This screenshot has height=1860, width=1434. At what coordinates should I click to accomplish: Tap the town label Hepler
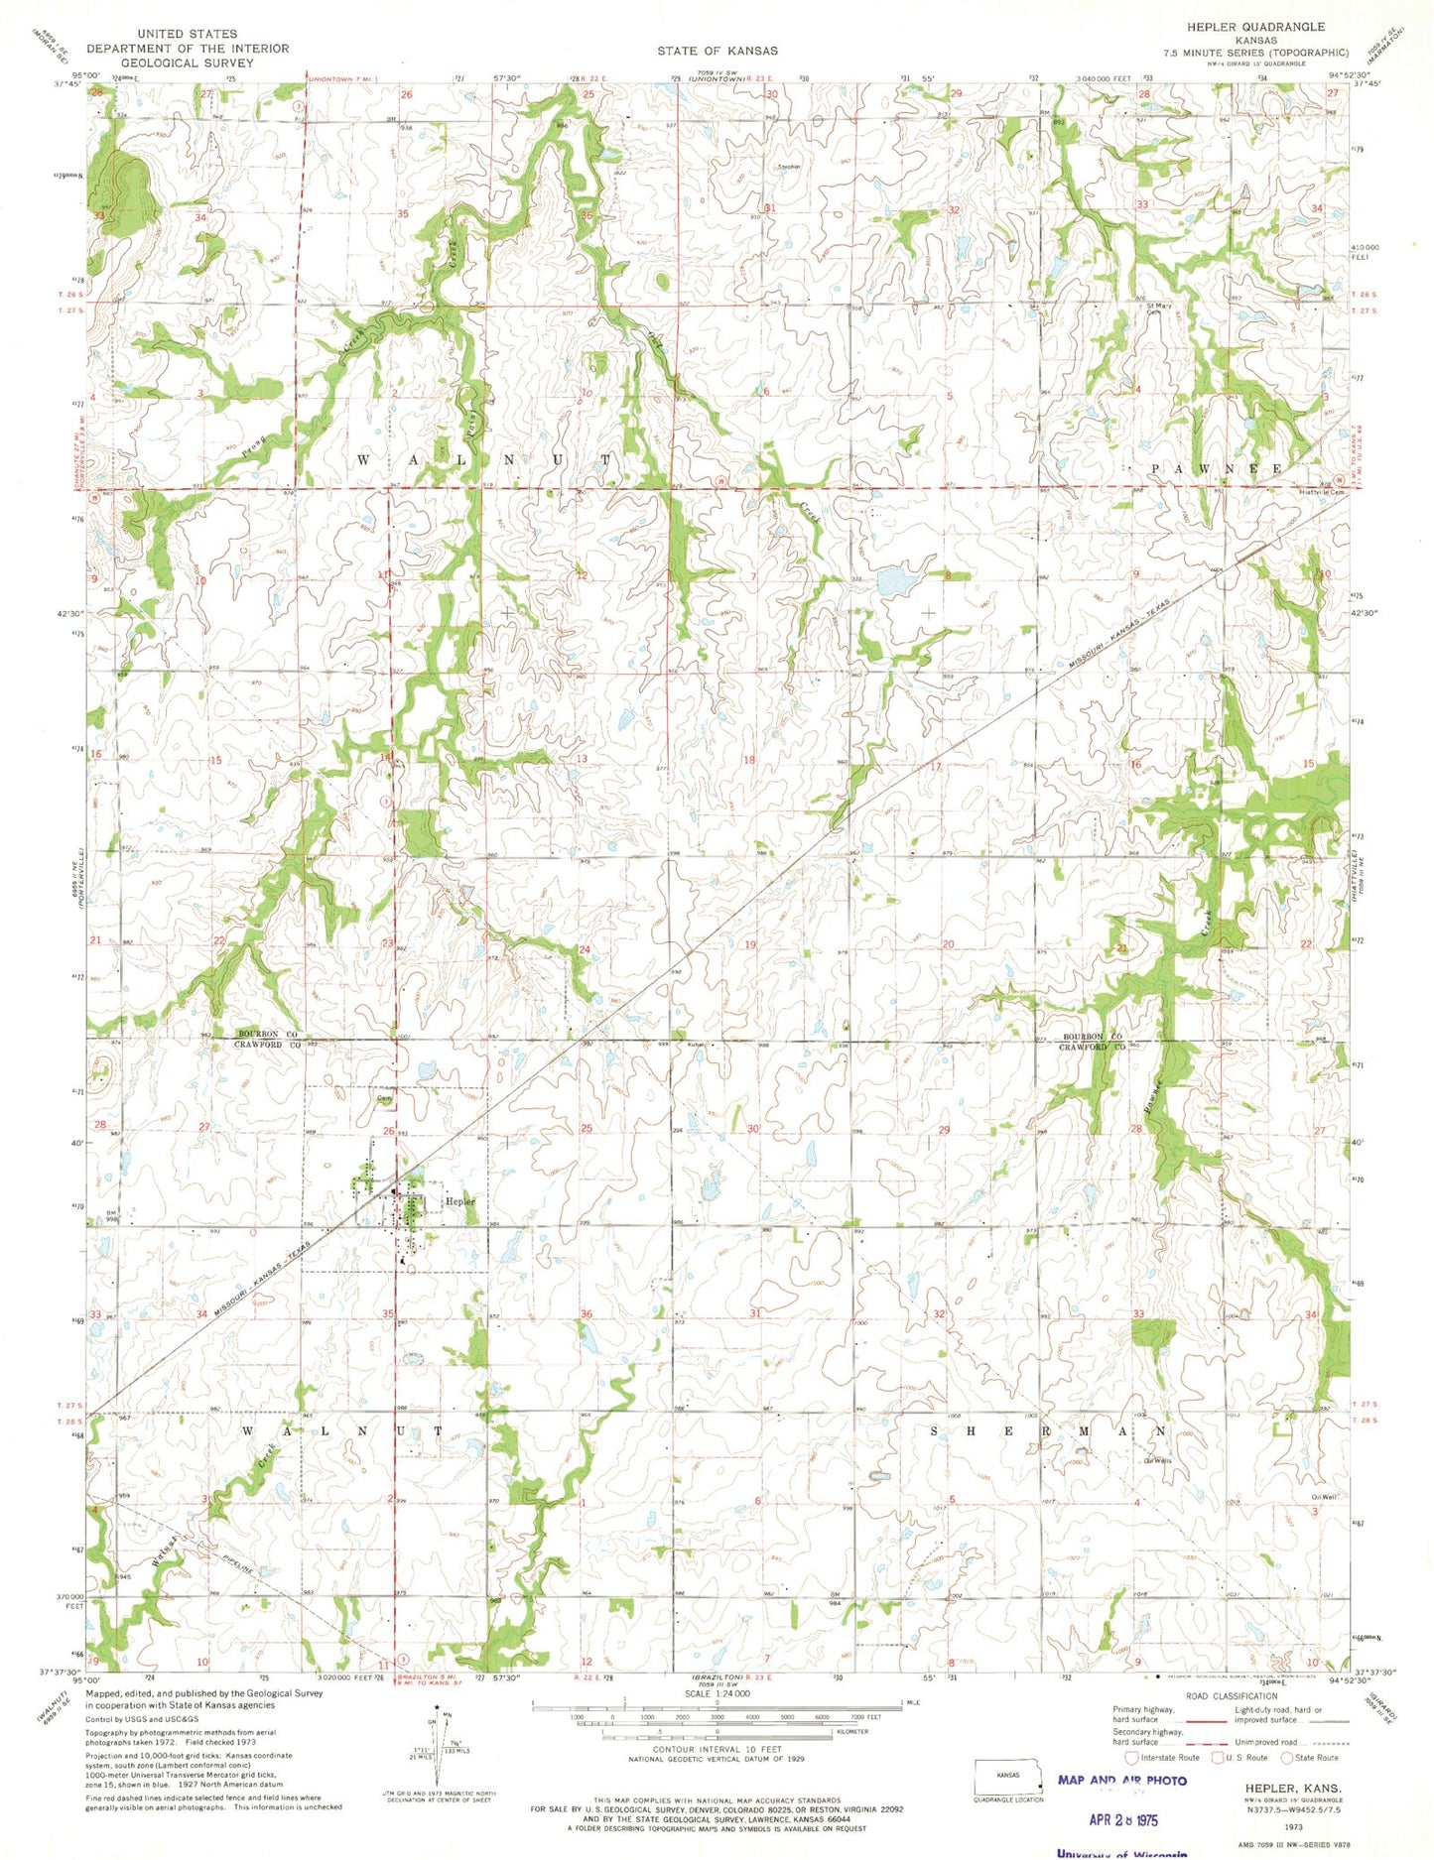click(460, 1201)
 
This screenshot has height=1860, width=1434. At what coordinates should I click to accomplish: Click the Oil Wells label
click(1157, 1460)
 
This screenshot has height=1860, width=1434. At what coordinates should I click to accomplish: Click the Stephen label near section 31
click(789, 167)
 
